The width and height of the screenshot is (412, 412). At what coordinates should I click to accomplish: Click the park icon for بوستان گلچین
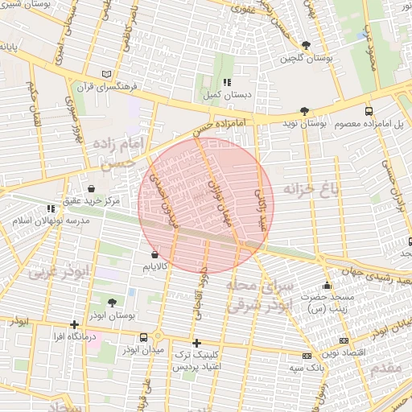[305, 46]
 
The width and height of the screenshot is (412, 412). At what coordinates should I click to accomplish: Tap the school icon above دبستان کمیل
[228, 82]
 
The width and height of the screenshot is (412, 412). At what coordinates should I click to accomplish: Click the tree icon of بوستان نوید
[303, 112]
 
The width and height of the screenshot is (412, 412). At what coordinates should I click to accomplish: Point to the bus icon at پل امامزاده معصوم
[369, 112]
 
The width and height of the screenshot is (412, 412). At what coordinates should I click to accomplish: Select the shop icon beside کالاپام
[154, 255]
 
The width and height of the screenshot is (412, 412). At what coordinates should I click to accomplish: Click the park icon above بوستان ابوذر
[111, 303]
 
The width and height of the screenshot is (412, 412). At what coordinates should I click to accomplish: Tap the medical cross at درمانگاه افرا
[75, 324]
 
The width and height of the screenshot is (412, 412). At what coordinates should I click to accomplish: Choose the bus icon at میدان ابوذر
[143, 337]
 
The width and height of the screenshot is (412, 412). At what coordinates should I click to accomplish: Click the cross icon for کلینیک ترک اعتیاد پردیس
[196, 343]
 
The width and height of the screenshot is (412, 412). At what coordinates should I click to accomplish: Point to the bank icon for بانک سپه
[307, 356]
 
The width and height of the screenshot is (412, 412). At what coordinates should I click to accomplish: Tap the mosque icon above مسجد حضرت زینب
[327, 285]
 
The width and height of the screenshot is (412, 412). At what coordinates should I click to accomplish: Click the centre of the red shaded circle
[206, 205]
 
